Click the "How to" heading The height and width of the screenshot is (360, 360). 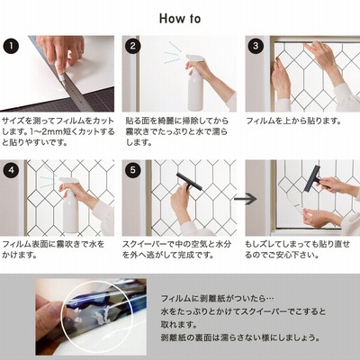[x=180, y=19]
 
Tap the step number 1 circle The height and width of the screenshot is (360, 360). [x=11, y=46]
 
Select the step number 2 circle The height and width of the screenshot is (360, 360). [x=133, y=46]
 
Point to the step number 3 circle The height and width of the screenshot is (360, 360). [x=256, y=46]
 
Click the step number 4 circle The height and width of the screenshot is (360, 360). [x=11, y=170]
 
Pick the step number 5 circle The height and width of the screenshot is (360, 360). [x=133, y=170]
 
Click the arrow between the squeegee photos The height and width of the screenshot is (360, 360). [x=246, y=199]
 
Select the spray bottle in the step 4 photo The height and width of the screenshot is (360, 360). [x=70, y=205]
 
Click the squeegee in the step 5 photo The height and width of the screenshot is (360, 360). [x=189, y=182]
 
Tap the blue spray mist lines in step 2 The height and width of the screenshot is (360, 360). [x=173, y=53]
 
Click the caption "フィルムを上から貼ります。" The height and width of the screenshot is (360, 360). [x=294, y=121]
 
